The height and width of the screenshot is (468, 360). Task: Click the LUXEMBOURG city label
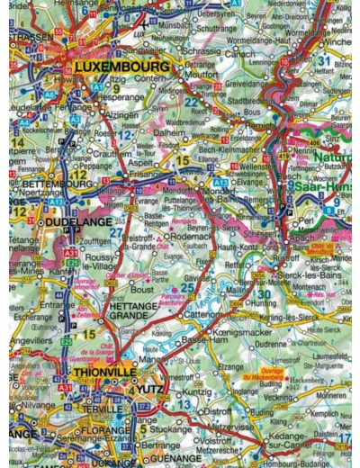click(122, 67)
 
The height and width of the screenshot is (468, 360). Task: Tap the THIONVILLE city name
click(102, 372)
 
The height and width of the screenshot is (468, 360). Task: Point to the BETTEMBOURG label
click(49, 184)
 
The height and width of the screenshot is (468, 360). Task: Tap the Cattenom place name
click(199, 316)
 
